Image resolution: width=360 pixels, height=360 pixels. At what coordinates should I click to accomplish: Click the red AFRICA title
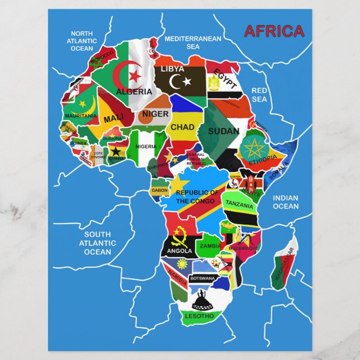coord(274,31)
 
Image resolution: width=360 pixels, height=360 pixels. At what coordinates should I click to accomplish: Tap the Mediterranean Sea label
coord(193,42)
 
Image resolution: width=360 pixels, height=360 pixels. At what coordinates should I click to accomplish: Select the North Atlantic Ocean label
coord(82,41)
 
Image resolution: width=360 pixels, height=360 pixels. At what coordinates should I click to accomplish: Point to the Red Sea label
coord(259,94)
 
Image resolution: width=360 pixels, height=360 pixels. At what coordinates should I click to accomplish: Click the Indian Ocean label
coord(286,202)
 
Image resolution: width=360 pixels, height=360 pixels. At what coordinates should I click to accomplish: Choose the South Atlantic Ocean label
coord(97,243)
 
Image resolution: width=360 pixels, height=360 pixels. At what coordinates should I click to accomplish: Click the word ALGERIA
coord(134,91)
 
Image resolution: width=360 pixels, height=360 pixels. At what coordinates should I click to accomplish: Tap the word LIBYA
coord(172,69)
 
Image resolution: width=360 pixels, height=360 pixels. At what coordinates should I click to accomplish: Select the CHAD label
coord(182,127)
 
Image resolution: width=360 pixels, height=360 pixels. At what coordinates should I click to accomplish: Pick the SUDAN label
coord(224,131)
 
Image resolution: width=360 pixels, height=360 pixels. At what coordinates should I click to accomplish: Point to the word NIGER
coord(155,114)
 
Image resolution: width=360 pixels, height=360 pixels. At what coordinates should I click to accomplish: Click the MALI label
coord(114,119)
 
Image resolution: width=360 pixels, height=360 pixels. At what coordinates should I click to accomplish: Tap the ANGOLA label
coord(179,251)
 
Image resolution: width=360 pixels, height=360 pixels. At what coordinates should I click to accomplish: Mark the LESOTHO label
coord(200,316)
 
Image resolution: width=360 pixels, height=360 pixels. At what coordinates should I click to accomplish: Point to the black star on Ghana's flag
coord(116,151)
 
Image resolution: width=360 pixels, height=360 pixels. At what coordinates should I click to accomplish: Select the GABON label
coord(159,191)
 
